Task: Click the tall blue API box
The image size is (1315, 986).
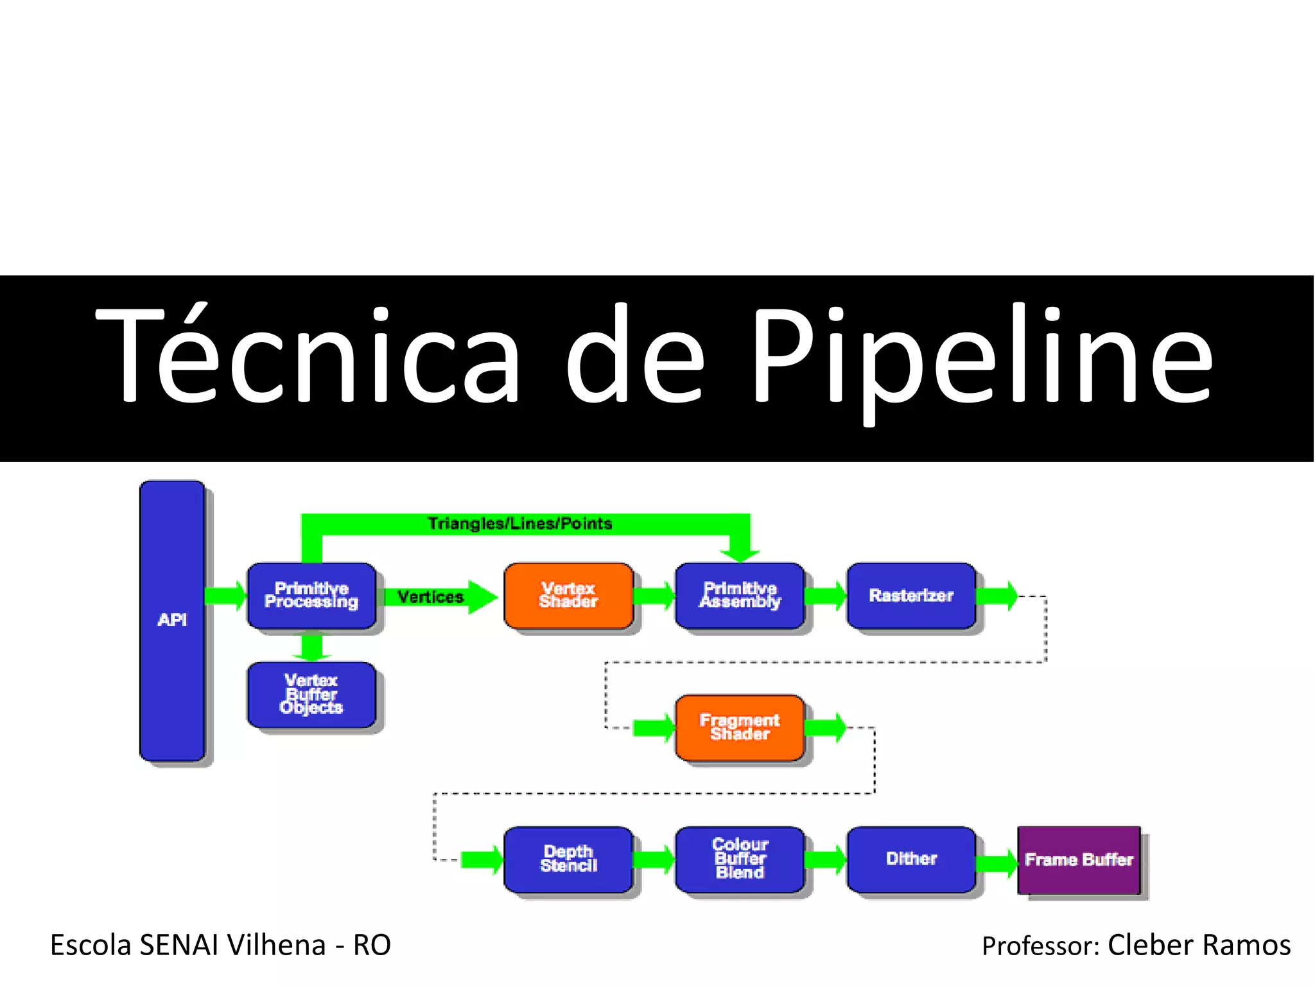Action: (x=172, y=620)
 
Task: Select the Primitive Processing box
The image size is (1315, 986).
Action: (x=311, y=595)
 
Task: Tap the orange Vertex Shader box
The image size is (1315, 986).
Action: (x=568, y=595)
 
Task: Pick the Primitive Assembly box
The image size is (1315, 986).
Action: (x=740, y=595)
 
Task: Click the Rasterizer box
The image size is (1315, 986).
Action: (x=911, y=595)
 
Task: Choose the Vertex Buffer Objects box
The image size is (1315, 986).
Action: (x=311, y=694)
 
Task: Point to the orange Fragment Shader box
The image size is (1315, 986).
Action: (x=740, y=727)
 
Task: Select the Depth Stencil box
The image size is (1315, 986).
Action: (x=568, y=859)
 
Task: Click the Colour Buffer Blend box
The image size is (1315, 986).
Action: (x=740, y=859)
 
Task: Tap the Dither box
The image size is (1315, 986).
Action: (x=911, y=859)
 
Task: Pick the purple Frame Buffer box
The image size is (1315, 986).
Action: (x=1079, y=860)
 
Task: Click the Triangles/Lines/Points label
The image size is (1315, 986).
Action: (x=520, y=524)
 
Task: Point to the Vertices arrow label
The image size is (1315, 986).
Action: (x=430, y=597)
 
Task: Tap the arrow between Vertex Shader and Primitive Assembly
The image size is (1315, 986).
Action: (x=654, y=596)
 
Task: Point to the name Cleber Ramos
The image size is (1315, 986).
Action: (x=1199, y=945)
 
